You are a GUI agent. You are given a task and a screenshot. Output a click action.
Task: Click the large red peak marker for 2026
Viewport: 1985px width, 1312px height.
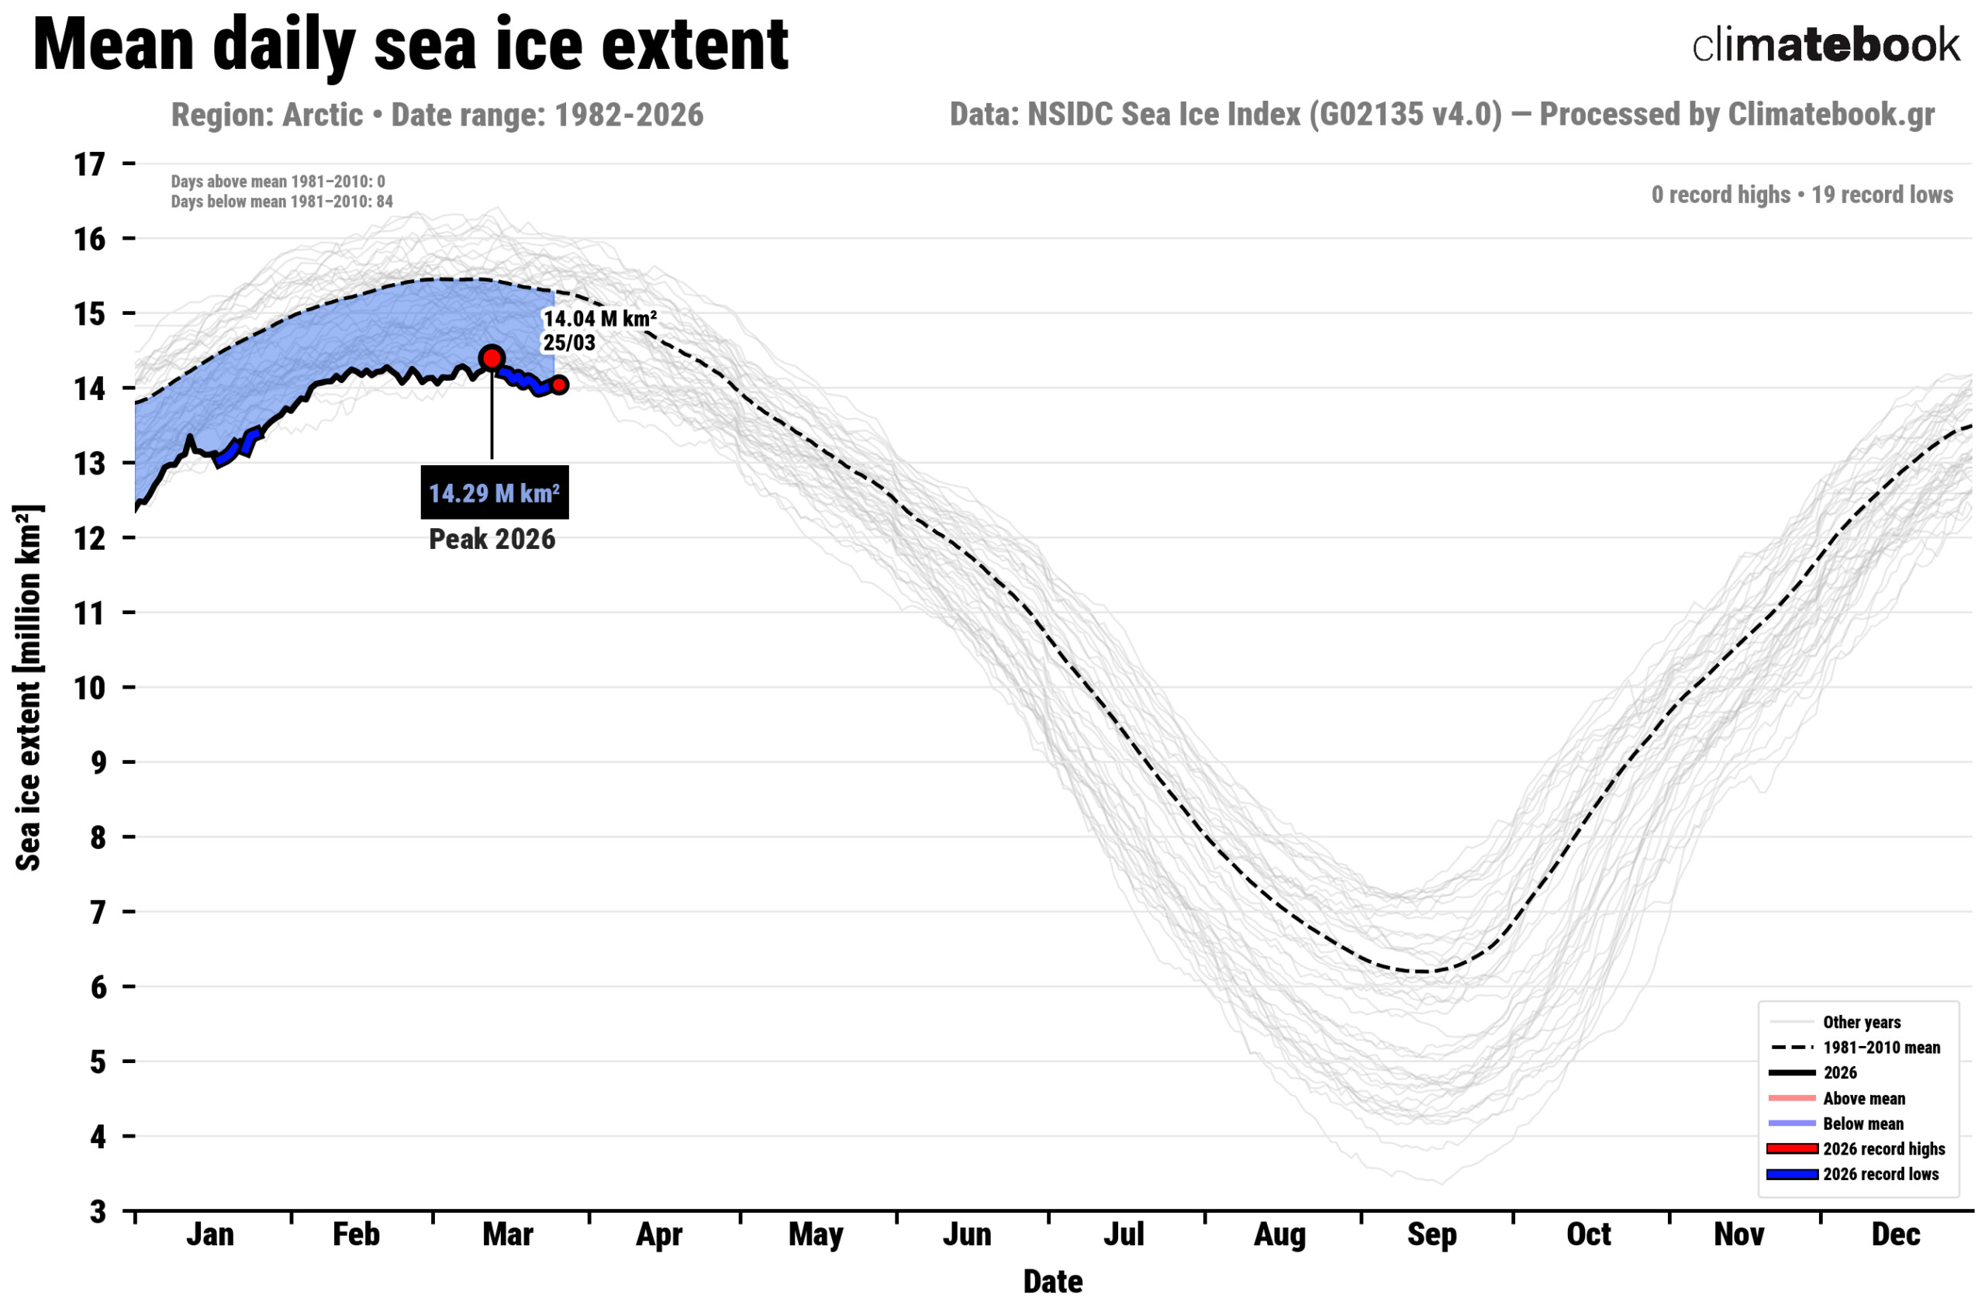491,358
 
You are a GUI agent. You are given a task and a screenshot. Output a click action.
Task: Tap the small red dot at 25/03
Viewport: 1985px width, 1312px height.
559,385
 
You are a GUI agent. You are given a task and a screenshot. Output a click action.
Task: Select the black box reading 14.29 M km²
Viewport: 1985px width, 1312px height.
495,493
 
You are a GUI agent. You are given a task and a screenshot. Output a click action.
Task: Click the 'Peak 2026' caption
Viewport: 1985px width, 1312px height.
492,539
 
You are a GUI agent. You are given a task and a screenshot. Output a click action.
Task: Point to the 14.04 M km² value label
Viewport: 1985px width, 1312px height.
600,319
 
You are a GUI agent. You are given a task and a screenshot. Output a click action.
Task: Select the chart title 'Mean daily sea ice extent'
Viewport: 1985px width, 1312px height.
410,45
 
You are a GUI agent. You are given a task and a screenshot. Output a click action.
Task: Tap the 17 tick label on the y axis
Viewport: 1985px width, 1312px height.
89,165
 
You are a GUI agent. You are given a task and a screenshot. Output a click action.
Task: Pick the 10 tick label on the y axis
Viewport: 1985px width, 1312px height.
89,688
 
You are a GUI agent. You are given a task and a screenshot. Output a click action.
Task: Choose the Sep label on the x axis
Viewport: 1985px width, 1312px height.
1431,1235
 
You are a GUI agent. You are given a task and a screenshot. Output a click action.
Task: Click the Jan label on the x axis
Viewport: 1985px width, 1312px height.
210,1235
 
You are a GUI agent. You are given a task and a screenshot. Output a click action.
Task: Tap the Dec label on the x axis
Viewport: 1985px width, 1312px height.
1896,1235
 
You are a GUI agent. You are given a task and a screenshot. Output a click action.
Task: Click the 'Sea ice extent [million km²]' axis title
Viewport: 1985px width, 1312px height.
29,687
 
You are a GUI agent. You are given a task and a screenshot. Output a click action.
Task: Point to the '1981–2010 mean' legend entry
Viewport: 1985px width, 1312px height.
1880,1048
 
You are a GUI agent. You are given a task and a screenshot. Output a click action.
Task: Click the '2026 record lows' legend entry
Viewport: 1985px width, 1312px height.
1880,1174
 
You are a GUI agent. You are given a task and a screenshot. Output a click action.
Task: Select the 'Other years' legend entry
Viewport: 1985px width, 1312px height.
1861,1023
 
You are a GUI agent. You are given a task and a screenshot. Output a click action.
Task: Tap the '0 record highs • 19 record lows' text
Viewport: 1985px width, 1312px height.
1802,195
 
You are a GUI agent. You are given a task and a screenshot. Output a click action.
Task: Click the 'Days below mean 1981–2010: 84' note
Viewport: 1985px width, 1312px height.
282,202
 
